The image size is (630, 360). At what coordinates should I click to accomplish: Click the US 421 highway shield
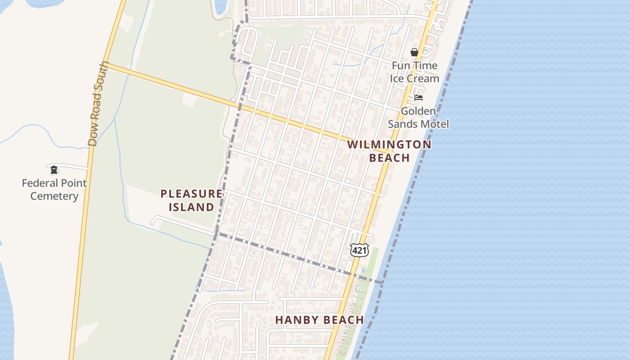[x=359, y=251]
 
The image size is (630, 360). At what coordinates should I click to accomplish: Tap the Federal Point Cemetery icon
[x=54, y=170]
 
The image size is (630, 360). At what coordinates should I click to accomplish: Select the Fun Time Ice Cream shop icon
[x=414, y=53]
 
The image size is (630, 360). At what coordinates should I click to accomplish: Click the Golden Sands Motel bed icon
[x=418, y=98]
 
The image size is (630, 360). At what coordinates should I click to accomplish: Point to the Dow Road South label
[x=99, y=103]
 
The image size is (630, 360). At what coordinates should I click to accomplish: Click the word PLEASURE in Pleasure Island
[x=191, y=194]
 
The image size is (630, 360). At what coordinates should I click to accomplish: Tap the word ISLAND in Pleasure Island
[x=191, y=207]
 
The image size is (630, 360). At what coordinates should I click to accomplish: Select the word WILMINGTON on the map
[x=389, y=144]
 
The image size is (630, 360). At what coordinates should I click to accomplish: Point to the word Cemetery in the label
[x=54, y=196]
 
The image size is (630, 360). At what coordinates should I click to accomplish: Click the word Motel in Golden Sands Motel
[x=435, y=124]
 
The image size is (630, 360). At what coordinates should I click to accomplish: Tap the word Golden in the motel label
[x=418, y=111]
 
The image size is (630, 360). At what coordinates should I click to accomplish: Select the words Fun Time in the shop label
[x=414, y=66]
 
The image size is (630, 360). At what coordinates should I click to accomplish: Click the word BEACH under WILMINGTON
[x=389, y=158]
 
